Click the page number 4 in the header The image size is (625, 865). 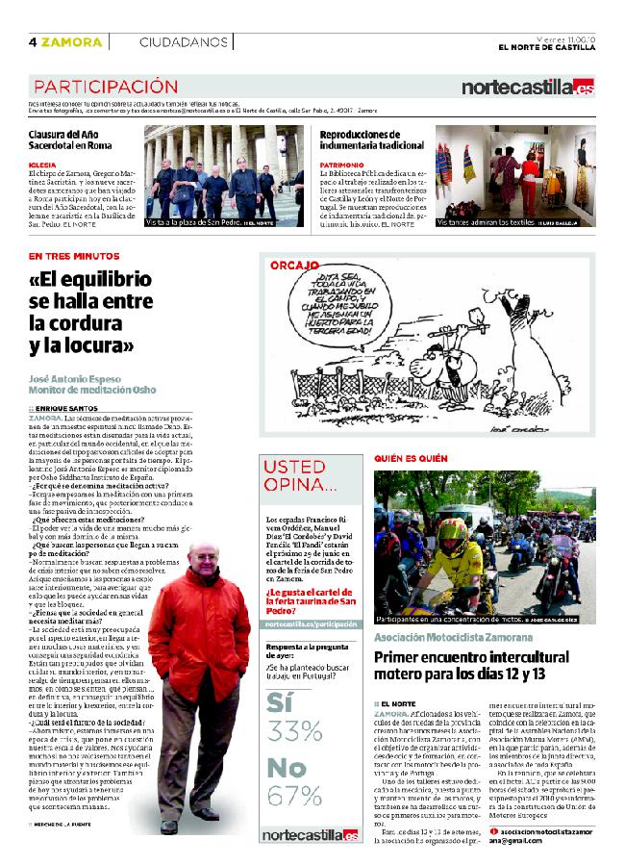coord(33,41)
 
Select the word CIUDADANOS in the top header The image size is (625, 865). coord(183,41)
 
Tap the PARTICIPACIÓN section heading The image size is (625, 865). coord(105,87)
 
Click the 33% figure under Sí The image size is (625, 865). coord(294,731)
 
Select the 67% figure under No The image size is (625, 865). coord(294,796)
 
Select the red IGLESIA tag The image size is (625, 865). coord(42,165)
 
